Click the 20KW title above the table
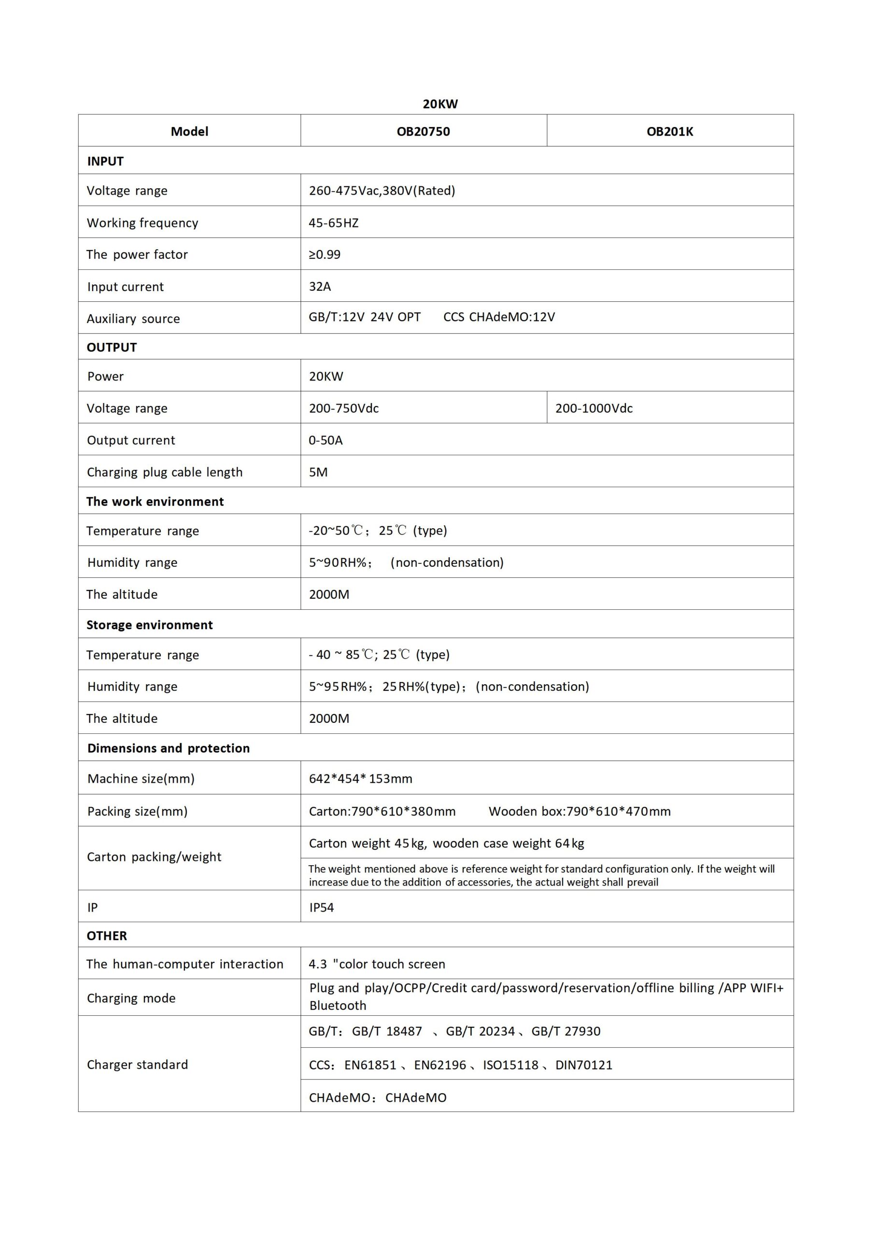point(440,104)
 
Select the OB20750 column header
point(423,131)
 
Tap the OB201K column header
point(670,131)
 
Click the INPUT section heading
point(106,161)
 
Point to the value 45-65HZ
point(333,223)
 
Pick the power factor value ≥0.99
point(324,254)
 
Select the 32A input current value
point(320,286)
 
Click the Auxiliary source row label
point(134,319)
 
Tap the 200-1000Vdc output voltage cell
point(594,408)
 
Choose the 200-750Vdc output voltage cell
point(344,408)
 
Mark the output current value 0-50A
point(325,440)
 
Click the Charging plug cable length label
point(165,472)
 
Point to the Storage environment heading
point(150,624)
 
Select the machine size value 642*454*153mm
point(361,778)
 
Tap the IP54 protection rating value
point(322,907)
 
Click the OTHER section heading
point(107,936)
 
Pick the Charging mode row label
point(131,998)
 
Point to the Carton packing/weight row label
point(154,857)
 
